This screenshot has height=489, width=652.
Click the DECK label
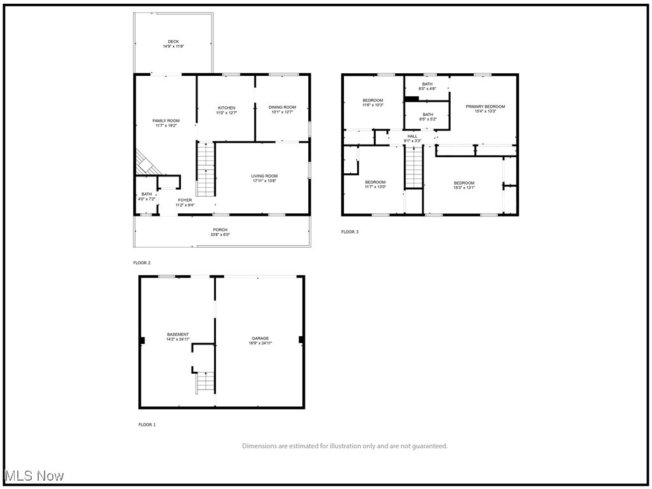tap(173, 42)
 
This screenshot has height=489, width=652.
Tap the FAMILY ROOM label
tap(166, 120)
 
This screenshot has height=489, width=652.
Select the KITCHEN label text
tap(226, 108)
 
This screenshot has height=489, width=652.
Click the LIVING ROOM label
tap(264, 176)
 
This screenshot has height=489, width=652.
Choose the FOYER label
tap(185, 200)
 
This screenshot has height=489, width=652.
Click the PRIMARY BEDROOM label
tap(485, 106)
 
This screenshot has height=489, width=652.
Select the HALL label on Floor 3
tap(413, 136)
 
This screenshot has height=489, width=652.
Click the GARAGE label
tap(260, 338)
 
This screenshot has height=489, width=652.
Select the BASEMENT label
tap(178, 334)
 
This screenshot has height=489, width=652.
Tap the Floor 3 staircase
tap(415, 167)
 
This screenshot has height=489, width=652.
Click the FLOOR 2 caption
tap(142, 262)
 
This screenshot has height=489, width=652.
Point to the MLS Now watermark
tap(33, 476)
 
